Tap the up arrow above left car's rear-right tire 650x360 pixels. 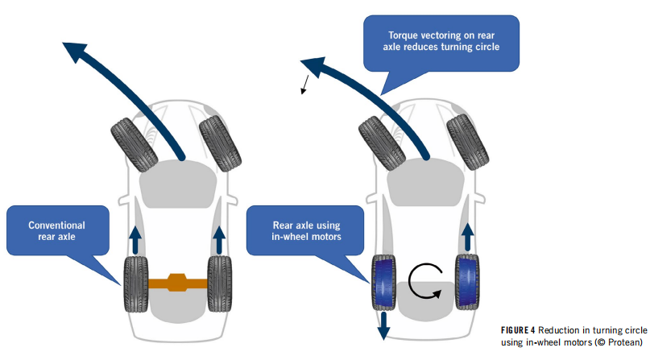click(x=218, y=238)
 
